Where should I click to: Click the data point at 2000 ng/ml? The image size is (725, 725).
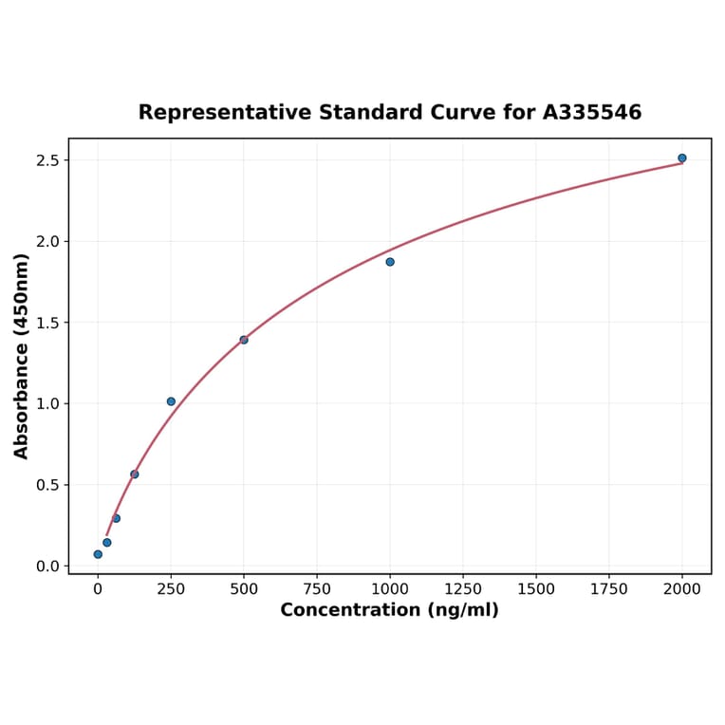681,158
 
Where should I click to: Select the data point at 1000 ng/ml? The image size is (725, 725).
390,262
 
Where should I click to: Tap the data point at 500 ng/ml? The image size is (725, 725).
244,340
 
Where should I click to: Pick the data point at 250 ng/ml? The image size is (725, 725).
171,401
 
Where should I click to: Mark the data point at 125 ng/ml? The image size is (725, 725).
135,474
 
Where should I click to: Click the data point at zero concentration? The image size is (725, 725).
98,554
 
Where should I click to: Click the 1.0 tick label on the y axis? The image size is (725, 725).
47,404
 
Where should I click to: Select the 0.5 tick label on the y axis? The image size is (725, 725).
47,485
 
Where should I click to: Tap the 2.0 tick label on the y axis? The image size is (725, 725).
47,242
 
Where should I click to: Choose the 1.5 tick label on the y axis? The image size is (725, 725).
47,323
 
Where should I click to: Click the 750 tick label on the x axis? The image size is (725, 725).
317,589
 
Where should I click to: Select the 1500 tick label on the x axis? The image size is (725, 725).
536,589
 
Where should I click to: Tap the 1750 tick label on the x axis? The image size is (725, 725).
609,589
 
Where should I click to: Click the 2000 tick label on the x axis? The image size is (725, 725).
682,589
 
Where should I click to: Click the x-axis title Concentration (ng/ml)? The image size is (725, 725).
389,610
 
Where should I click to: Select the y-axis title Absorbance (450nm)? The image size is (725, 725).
21,356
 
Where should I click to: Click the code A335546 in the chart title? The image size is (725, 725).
592,113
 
